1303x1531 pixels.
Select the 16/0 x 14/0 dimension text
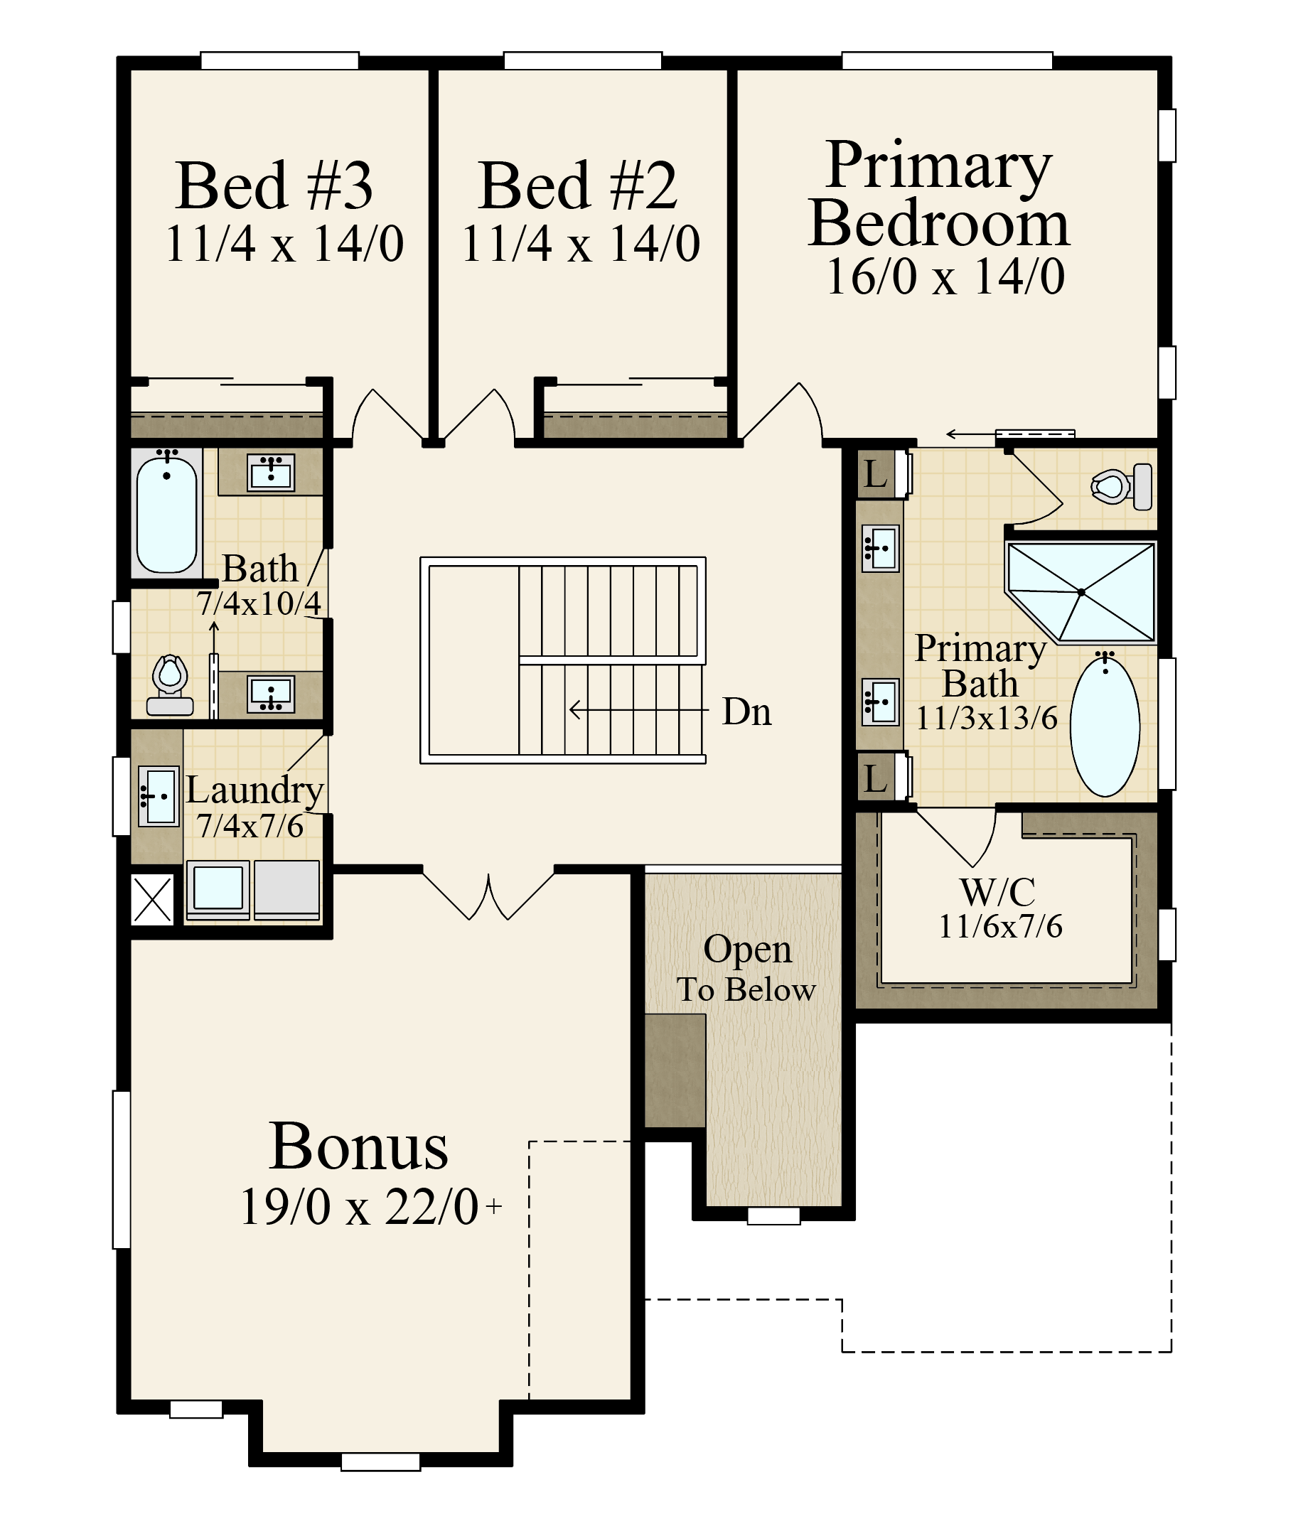tap(945, 277)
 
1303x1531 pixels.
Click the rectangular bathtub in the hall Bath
tap(167, 514)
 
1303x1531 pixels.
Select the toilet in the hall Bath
tap(171, 684)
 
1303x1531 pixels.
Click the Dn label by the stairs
tap(747, 712)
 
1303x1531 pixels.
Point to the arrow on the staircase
tap(636, 711)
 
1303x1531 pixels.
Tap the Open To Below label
tap(747, 968)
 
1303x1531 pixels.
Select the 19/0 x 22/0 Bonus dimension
tap(360, 1207)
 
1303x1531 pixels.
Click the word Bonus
tap(359, 1147)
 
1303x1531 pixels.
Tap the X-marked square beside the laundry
tap(152, 899)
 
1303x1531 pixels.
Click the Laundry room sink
tap(159, 796)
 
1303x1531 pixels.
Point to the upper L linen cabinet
tap(876, 474)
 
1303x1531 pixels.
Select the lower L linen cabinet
tap(876, 778)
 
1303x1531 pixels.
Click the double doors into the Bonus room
tap(488, 895)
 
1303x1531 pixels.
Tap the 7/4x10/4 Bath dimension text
tap(259, 603)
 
